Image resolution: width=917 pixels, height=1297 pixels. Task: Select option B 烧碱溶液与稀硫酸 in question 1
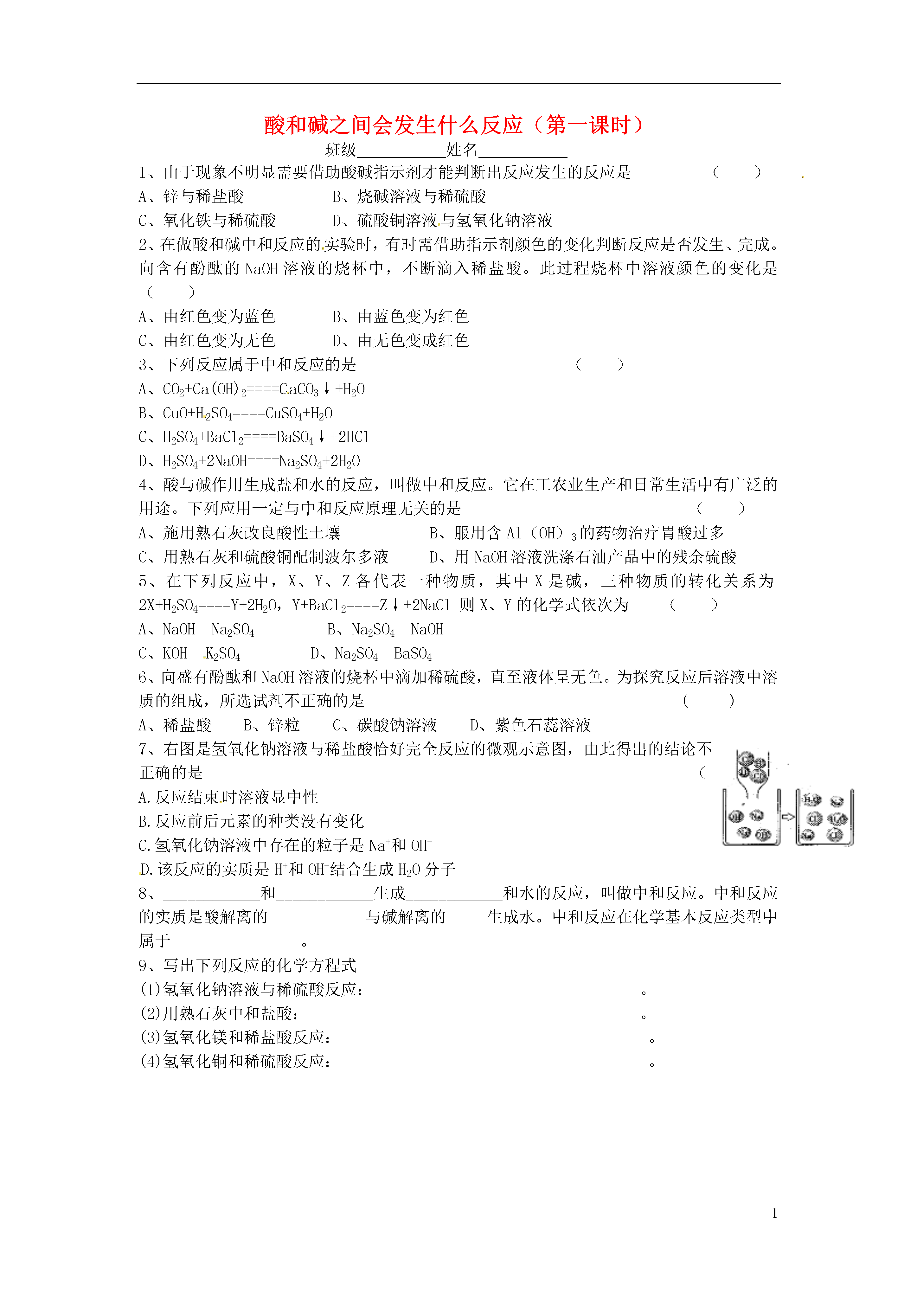tap(409, 196)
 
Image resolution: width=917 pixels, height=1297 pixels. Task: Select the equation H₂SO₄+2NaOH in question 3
tap(249, 461)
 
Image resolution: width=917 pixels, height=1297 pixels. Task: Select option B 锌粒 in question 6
tap(272, 725)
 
